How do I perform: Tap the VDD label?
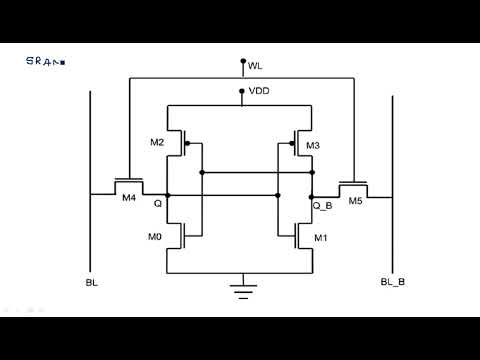258,91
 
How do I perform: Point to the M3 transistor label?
313,146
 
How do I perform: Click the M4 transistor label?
128,198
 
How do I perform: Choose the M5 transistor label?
355,200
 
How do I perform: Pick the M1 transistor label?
320,238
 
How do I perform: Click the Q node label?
157,202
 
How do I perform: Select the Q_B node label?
323,205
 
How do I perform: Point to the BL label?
92,283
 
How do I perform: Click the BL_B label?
393,283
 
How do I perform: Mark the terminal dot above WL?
241,60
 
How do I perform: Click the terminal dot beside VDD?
241,91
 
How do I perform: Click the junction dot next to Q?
168,195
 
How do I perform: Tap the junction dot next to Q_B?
312,195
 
